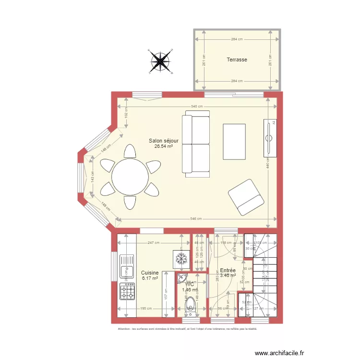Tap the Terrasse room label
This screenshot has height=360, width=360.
(x=237, y=60)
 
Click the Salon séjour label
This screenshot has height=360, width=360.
(x=163, y=141)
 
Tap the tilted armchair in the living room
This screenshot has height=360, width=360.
(x=246, y=197)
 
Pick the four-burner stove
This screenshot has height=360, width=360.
(x=128, y=291)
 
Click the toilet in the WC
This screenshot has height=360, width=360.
(x=191, y=306)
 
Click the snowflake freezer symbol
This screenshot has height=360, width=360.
(x=181, y=258)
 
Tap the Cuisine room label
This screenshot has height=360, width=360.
(x=150, y=273)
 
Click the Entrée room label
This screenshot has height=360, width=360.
(x=228, y=270)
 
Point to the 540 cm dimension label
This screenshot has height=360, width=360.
(x=197, y=107)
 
